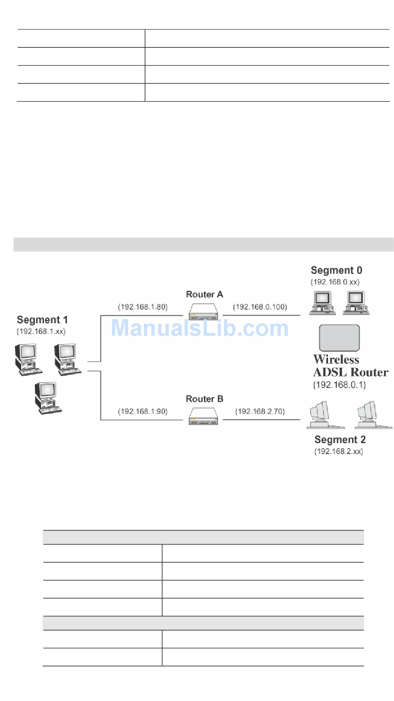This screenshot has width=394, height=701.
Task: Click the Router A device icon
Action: [203, 312]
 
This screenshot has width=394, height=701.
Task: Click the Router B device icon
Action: [203, 416]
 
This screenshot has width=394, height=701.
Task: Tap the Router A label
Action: [204, 294]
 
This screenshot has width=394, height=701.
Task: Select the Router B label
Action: [204, 399]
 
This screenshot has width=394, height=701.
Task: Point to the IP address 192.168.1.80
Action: [143, 307]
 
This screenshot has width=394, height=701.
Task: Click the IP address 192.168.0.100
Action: [260, 307]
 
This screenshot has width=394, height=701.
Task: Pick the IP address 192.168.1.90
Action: [143, 412]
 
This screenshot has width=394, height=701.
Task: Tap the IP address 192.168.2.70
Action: [260, 412]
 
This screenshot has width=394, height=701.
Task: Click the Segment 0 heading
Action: [336, 271]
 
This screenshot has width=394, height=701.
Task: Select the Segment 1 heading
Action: [42, 320]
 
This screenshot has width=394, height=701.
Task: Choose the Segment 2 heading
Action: [340, 440]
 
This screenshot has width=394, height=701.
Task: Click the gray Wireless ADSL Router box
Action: [339, 338]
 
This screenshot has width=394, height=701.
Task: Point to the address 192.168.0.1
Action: [339, 385]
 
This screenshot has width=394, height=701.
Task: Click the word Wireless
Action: [336, 359]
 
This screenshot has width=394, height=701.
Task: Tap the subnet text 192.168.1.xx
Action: [41, 332]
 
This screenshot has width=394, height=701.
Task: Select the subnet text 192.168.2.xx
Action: [338, 452]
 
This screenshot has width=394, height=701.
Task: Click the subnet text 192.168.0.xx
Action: [335, 282]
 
